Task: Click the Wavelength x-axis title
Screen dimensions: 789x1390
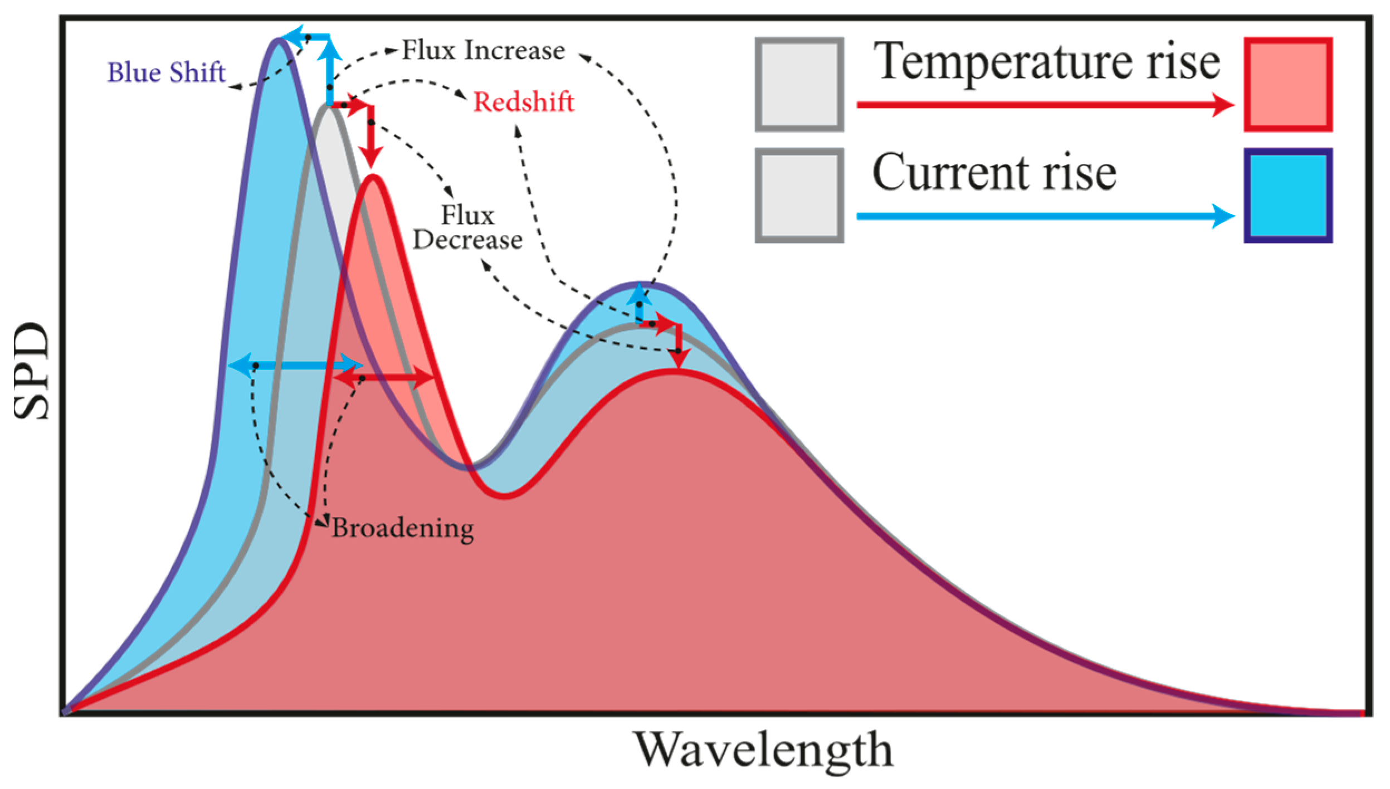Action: coord(763,750)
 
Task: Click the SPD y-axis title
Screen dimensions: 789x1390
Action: coord(31,371)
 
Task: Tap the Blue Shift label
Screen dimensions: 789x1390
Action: coord(166,72)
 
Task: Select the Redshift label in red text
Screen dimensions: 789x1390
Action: coord(523,102)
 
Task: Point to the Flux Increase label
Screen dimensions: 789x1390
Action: coord(483,50)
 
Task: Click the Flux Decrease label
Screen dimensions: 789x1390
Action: coord(467,228)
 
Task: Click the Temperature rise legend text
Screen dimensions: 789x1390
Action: coord(1046,62)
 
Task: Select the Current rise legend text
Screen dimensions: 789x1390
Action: coord(994,173)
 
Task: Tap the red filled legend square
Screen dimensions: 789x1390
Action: coord(1288,85)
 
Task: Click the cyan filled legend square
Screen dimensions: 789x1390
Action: coord(1288,196)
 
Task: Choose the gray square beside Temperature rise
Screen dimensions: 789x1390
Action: coord(799,85)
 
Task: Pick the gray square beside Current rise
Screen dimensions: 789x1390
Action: coord(799,196)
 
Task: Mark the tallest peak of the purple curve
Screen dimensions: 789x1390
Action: coord(279,40)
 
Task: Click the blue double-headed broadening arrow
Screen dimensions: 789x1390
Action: coord(295,366)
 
